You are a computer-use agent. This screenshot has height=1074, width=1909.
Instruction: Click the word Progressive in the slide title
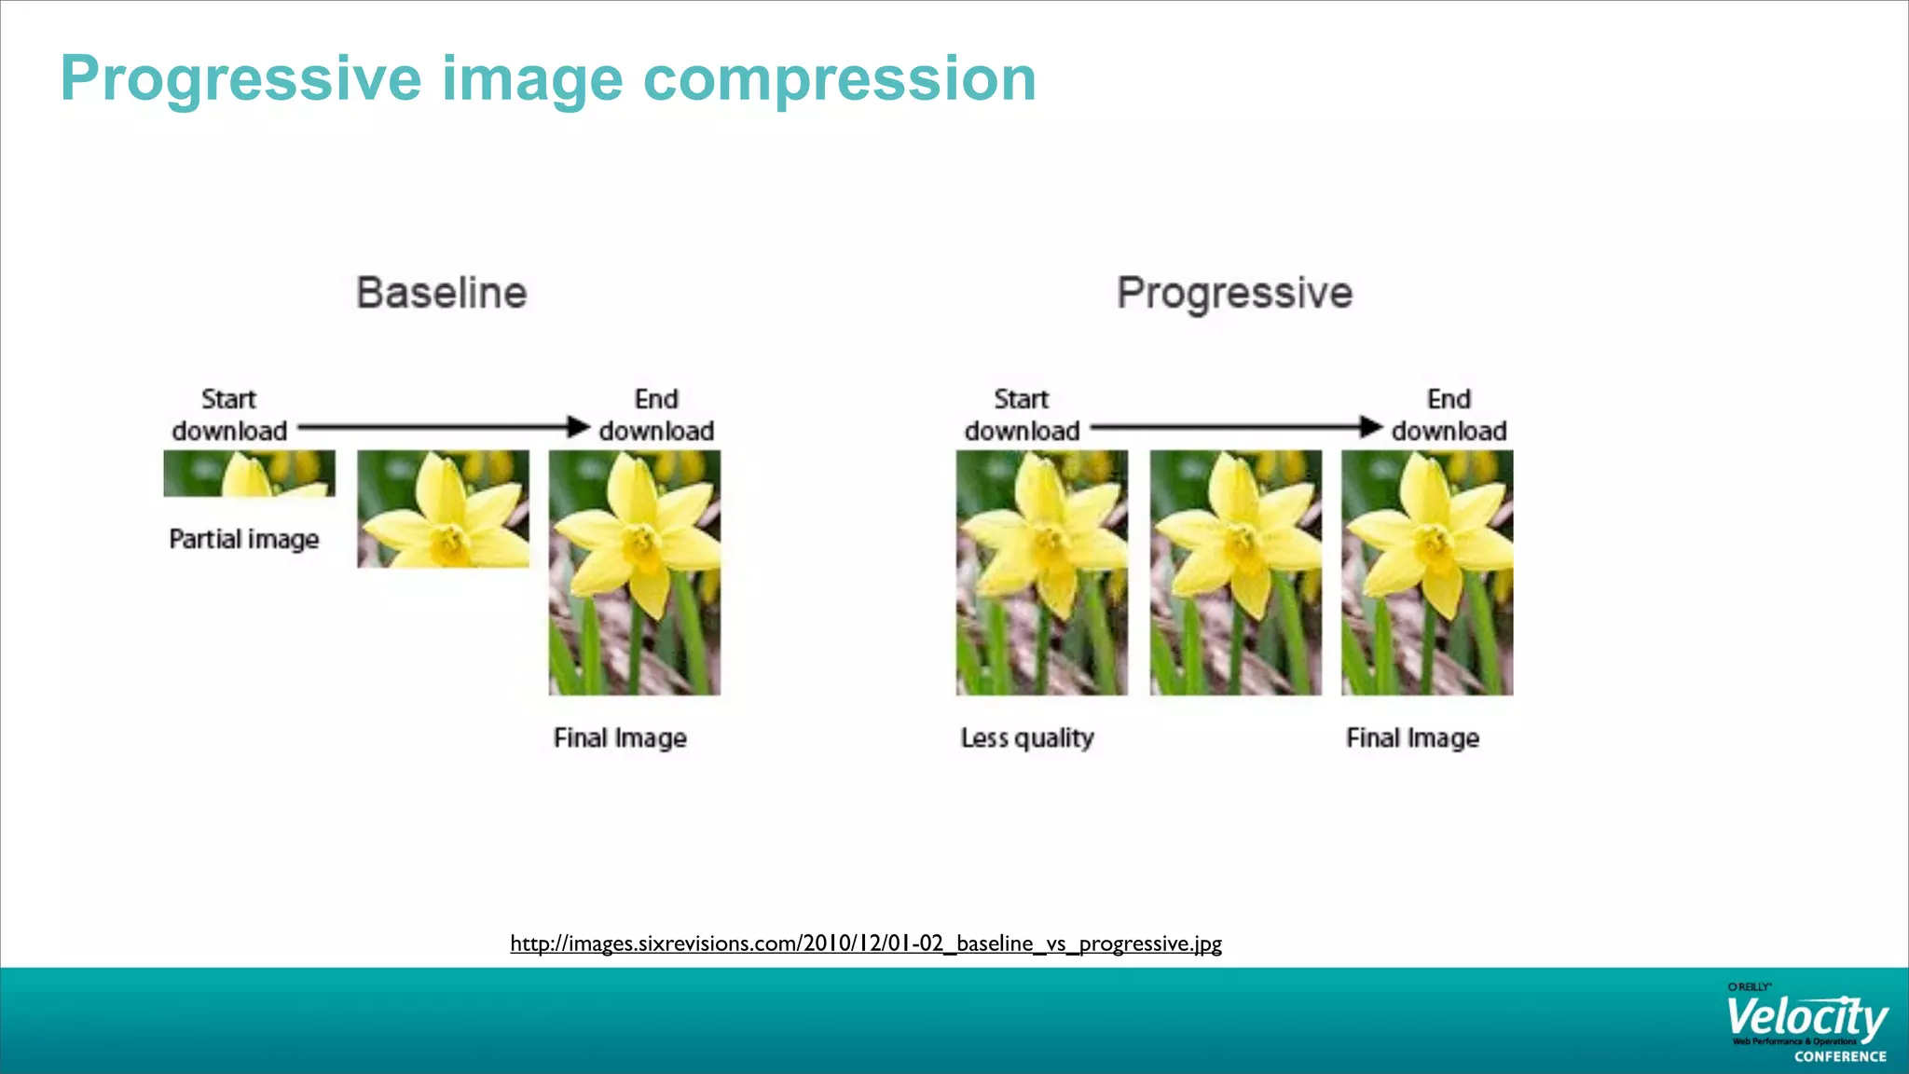[241, 79]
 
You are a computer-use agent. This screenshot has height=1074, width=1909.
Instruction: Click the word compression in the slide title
[840, 79]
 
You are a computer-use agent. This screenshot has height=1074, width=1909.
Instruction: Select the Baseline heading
[442, 293]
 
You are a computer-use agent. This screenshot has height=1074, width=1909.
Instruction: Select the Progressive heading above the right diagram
[1234, 294]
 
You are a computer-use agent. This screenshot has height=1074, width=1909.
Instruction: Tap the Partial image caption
[244, 539]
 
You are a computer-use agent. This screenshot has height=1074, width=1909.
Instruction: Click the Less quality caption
[1027, 738]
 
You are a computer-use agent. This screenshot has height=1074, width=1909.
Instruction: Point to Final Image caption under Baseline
[620, 738]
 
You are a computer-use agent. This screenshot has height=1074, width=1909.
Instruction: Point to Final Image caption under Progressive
[1412, 738]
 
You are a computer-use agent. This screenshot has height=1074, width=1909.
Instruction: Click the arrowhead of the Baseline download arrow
[579, 427]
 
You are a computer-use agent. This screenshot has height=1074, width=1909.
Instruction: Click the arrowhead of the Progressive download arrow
[1371, 427]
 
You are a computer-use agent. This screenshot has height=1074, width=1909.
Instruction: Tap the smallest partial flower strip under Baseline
[249, 474]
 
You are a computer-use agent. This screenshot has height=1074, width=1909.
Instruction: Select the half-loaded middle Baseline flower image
[443, 509]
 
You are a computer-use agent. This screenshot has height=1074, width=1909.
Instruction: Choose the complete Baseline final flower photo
[635, 572]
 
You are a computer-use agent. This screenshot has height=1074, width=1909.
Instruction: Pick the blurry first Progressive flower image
[1041, 572]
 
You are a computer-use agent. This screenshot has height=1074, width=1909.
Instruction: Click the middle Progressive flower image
[1235, 572]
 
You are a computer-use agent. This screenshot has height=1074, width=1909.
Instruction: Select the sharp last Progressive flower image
[1427, 572]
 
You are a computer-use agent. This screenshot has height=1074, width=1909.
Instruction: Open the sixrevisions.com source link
[865, 943]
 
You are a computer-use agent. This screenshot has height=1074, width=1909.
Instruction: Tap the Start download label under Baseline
[229, 415]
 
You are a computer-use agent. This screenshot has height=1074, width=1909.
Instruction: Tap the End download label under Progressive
[1449, 415]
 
